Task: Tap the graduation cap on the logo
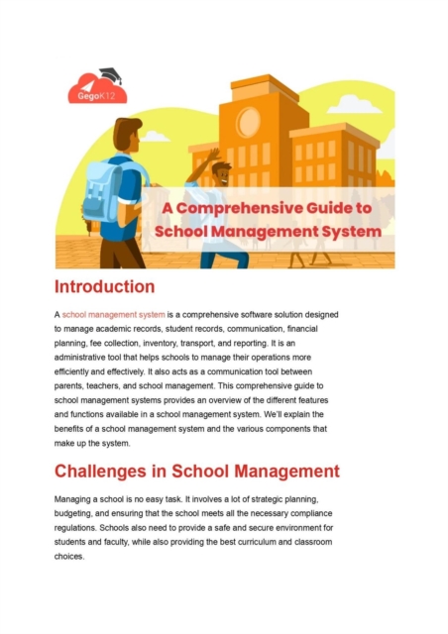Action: point(108,73)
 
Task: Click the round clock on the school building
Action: point(250,121)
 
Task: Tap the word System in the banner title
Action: point(346,231)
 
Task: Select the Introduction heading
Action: point(104,287)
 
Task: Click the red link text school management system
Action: point(120,314)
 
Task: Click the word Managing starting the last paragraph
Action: point(77,502)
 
